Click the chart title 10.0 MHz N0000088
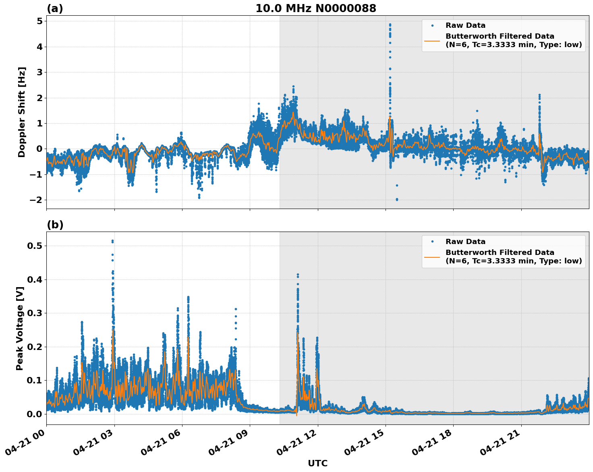pyautogui.click(x=315, y=8)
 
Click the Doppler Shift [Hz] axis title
pyautogui.click(x=22, y=112)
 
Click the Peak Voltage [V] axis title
pyautogui.click(x=20, y=328)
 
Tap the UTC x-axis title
pyautogui.click(x=317, y=463)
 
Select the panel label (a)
pyautogui.click(x=55, y=8)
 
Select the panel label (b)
pyautogui.click(x=55, y=225)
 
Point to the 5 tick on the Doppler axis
pyautogui.click(x=39, y=21)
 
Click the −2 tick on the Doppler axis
pyautogui.click(x=37, y=200)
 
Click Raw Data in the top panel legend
pyautogui.click(x=465, y=25)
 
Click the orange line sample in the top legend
pyautogui.click(x=432, y=40)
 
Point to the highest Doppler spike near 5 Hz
pyautogui.click(x=390, y=25)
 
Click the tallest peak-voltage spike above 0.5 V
pyautogui.click(x=112, y=241)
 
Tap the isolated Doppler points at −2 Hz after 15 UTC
pyautogui.click(x=397, y=199)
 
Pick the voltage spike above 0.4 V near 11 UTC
pyautogui.click(x=298, y=275)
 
